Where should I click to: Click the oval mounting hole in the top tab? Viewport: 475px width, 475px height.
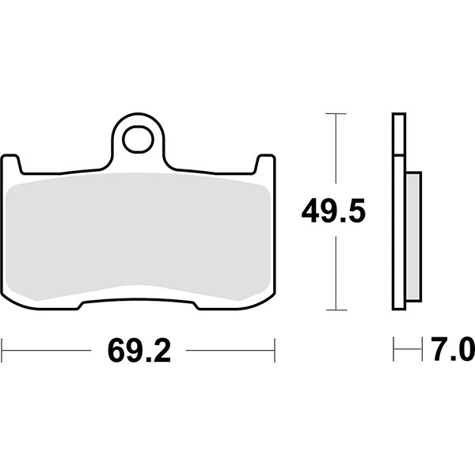point(138,139)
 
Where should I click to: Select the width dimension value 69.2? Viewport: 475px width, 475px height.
point(139,350)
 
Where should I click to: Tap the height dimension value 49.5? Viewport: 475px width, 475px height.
point(332,212)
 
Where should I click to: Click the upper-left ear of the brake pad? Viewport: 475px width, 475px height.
point(10,163)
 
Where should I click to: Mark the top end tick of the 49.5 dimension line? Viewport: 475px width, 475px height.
point(336,114)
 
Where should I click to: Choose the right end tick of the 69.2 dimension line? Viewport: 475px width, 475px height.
point(274,349)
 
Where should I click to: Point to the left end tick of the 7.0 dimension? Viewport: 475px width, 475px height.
point(393,349)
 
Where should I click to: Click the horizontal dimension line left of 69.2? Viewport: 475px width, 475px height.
point(47,349)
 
